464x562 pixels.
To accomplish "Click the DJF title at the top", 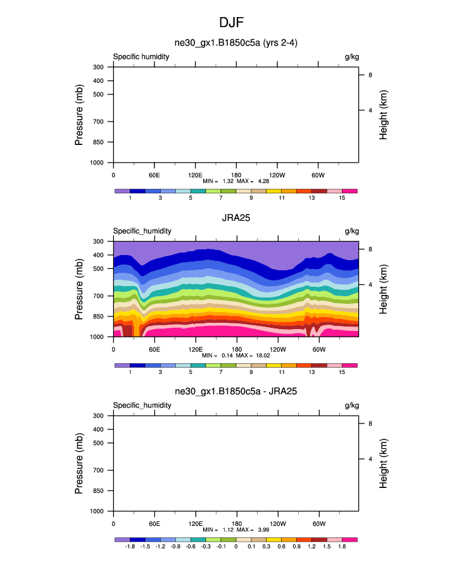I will (232, 23).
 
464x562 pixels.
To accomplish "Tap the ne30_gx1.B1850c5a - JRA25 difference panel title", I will (235, 392).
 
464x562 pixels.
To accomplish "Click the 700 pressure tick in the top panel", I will (98, 122).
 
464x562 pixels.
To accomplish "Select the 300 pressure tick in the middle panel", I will (98, 241).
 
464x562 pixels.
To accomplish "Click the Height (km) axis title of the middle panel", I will (384, 289).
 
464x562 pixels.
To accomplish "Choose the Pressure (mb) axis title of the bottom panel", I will (80, 463).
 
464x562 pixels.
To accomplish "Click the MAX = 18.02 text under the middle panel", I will (253, 356).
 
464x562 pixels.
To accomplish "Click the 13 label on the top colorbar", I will (311, 198).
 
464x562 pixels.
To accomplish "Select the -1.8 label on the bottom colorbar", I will (130, 546).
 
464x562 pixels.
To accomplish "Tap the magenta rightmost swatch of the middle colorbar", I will (350, 365).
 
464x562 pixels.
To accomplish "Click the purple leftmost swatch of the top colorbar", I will (122, 190).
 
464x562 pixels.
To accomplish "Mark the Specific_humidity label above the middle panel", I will (142, 232).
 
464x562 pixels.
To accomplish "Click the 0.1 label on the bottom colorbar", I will (251, 546).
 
